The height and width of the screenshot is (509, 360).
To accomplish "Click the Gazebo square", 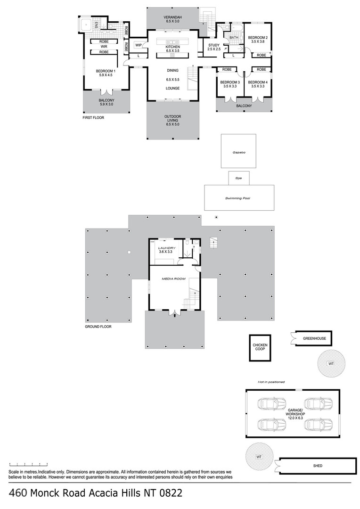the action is coord(238,151).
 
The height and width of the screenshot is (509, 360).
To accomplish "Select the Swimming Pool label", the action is coord(237,198).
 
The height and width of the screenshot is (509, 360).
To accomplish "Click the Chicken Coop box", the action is coord(260,348).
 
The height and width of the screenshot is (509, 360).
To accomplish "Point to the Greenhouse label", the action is coord(314,338).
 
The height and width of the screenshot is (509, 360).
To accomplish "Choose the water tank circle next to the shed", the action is coord(259,457).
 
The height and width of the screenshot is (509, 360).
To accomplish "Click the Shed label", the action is coord(318,466).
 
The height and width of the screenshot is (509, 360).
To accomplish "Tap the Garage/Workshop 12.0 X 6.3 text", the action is coord(295,414).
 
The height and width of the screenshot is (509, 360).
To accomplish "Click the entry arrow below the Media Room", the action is coord(175,314).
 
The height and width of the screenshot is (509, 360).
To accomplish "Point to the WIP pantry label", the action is coord(139,45).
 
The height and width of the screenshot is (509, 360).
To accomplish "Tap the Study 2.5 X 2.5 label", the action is coord(214,47).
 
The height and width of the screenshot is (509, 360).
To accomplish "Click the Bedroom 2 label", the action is coord(258,38).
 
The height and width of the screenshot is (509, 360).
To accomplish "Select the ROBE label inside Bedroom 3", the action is coord(227,69).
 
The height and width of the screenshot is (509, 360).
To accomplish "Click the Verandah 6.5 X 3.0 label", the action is coord(172,19).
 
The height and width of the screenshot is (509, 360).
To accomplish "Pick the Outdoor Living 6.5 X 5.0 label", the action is coord(172,121).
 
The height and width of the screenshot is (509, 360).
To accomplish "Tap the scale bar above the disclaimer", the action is coord(29,465).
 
